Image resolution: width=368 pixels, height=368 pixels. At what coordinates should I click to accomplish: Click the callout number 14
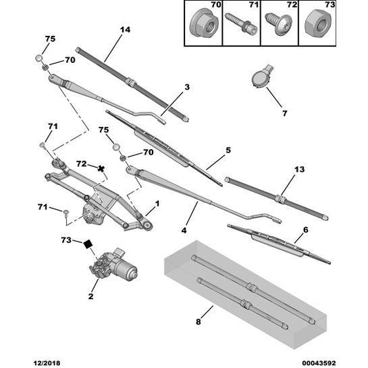[x=124, y=30]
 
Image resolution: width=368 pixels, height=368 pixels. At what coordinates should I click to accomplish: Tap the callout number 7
[x=264, y=113]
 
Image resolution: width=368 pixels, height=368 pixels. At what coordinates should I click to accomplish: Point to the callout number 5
[x=228, y=150]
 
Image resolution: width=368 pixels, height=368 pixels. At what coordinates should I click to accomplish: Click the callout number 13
[x=298, y=169]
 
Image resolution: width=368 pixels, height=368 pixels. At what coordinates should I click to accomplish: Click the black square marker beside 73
[x=88, y=243]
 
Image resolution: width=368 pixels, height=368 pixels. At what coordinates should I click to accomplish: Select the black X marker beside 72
[x=102, y=168]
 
